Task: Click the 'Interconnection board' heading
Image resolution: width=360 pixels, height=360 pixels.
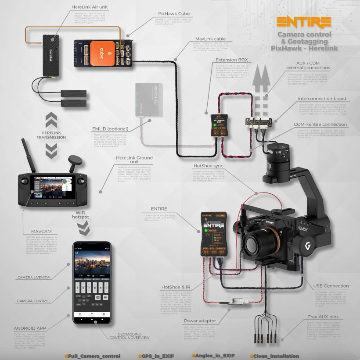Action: tap(321, 99)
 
